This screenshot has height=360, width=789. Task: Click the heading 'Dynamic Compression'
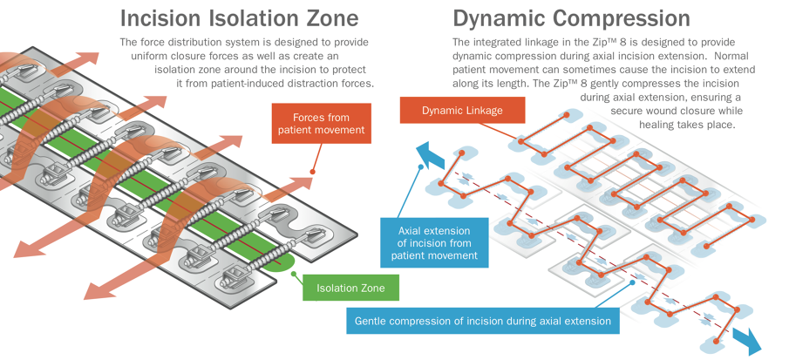[x=571, y=17]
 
